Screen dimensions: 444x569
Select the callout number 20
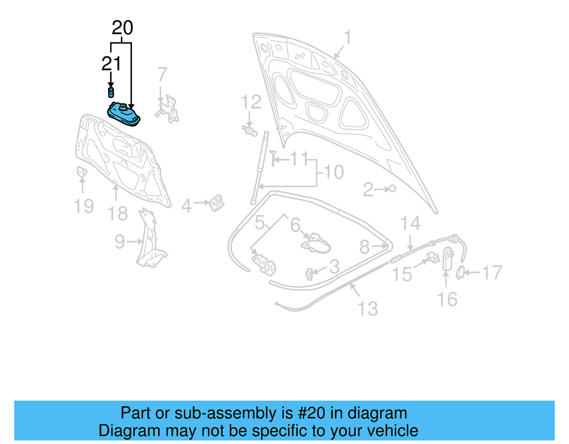[x=122, y=28]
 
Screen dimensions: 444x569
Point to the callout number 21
[x=111, y=64]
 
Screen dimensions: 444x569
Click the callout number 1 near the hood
[x=347, y=37]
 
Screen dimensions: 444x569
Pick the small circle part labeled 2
[x=392, y=188]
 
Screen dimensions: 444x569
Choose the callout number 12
[x=251, y=102]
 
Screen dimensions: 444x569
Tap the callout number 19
[x=84, y=206]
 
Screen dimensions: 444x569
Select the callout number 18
[x=117, y=213]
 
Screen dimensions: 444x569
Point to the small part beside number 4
[x=216, y=203]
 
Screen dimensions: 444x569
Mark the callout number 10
[x=334, y=172]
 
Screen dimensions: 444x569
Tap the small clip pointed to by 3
[x=309, y=274]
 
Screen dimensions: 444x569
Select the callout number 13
[x=368, y=309]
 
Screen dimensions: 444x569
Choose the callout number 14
[x=410, y=223]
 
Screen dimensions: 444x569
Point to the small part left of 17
[x=460, y=273]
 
